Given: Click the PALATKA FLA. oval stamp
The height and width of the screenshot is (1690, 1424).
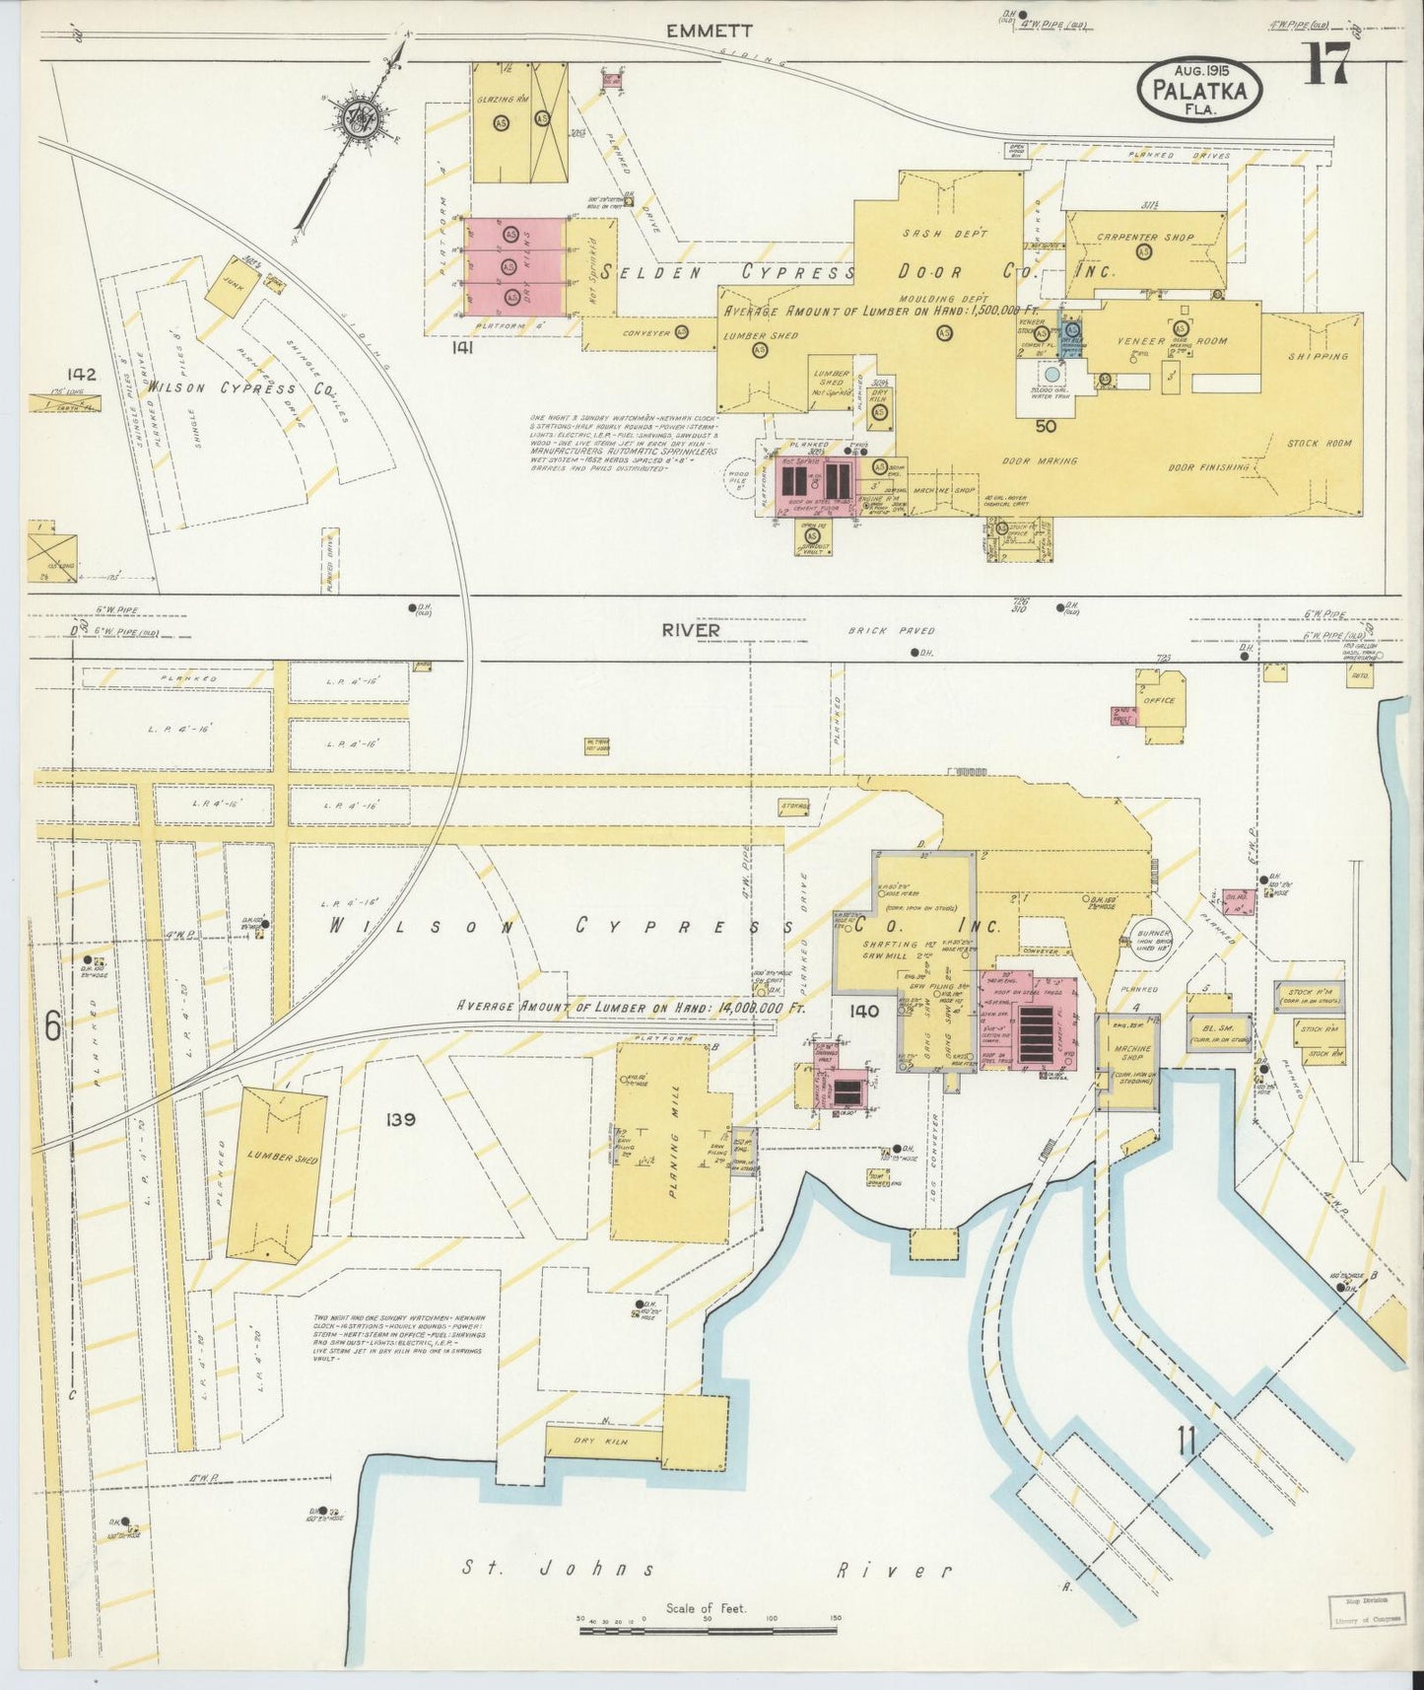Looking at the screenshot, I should tap(1199, 90).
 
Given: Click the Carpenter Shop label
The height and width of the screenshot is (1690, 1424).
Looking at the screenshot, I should tap(1145, 238).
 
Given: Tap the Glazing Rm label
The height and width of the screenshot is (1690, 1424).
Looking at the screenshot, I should tap(503, 100).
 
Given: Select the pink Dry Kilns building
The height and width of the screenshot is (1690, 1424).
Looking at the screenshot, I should tap(514, 266).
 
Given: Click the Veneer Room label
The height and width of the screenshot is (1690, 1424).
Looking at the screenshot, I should tap(1171, 341).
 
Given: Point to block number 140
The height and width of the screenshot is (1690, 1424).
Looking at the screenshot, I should tap(864, 1011).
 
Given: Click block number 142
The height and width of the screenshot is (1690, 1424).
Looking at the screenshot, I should tap(82, 375).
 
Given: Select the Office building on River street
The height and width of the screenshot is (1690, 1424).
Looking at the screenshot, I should tap(1161, 702).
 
